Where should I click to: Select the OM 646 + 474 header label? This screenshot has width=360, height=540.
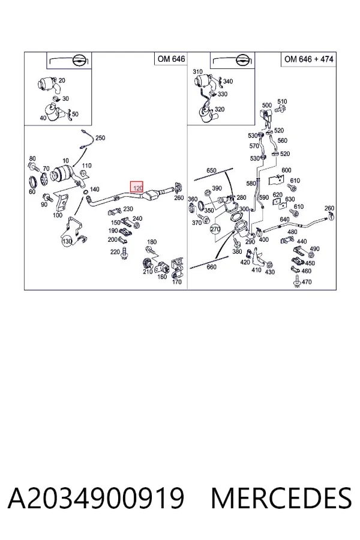[308, 59]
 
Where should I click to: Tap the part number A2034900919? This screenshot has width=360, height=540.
[96, 498]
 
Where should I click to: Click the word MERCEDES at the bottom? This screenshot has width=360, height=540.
[281, 498]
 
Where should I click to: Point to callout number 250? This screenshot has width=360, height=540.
[100, 138]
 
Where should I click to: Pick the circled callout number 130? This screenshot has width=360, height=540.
[67, 241]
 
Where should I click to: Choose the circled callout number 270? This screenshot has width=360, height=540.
[215, 229]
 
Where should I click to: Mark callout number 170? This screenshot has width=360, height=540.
[176, 282]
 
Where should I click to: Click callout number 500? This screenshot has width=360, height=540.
[267, 105]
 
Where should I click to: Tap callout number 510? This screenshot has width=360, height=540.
[282, 101]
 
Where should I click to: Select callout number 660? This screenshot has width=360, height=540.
[211, 267]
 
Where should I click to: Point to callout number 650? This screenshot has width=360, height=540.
[211, 170]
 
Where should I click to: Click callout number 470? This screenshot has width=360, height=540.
[306, 282]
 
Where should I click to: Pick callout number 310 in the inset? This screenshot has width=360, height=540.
[198, 71]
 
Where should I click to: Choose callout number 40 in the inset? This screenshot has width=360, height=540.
[43, 118]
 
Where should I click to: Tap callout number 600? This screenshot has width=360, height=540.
[286, 170]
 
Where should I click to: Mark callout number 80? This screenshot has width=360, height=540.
[32, 159]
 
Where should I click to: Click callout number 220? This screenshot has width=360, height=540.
[115, 252]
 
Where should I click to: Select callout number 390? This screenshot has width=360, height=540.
[217, 188]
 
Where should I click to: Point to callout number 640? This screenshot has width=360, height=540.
[284, 220]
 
